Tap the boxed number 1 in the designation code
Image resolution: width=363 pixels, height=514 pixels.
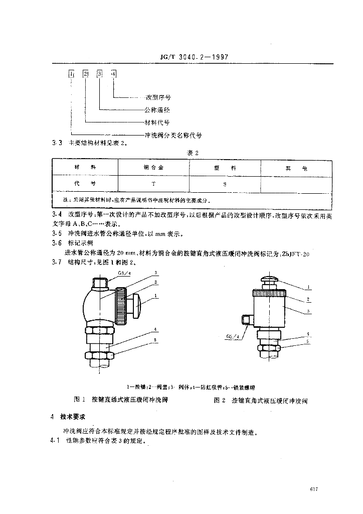pyautogui.click(x=72, y=74)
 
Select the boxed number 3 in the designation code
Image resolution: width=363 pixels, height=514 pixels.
pyautogui.click(x=100, y=74)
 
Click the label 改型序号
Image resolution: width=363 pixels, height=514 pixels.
pyautogui.click(x=157, y=97)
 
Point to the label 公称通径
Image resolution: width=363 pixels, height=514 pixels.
pyautogui.click(x=157, y=109)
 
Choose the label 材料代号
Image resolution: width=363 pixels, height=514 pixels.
pyautogui.click(x=157, y=122)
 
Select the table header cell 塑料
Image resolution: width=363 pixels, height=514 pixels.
pyautogui.click(x=225, y=167)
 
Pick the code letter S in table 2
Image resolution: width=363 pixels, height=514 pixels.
pyautogui.click(x=225, y=184)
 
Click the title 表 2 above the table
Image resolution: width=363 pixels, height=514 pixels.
pyautogui.click(x=194, y=153)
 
